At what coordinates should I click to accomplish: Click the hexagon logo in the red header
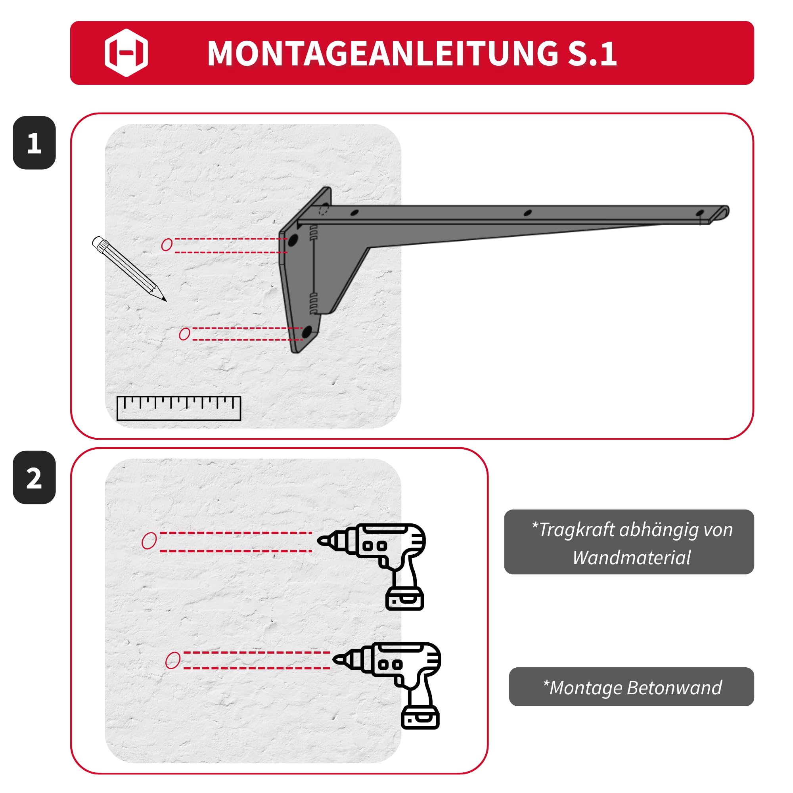[126, 53]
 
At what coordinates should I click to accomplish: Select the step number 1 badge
[34, 142]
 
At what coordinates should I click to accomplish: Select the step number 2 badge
[34, 477]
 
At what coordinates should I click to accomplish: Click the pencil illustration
[129, 268]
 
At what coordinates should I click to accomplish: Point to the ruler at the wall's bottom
[178, 408]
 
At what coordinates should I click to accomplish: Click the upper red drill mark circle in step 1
[167, 245]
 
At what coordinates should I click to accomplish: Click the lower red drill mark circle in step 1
[185, 334]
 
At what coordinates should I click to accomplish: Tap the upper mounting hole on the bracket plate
[293, 240]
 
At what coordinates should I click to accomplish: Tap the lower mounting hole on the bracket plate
[306, 331]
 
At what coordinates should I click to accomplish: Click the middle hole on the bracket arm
[528, 213]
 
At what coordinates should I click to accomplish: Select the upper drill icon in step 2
[372, 567]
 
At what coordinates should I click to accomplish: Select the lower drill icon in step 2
[387, 686]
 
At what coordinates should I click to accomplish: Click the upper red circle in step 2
[149, 540]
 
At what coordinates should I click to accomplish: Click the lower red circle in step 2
[173, 661]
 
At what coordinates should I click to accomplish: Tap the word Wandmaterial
[632, 558]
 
